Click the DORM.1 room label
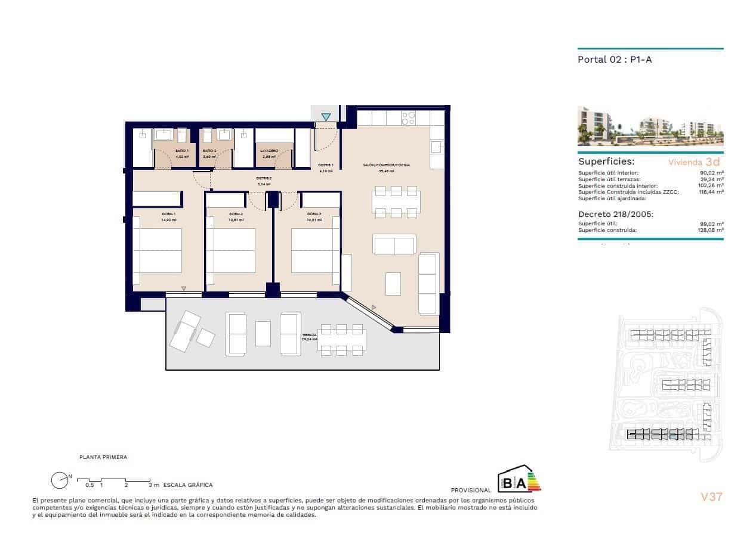168,214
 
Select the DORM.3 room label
314,214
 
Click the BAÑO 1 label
182,151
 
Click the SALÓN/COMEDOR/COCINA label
387,165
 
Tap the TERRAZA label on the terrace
309,336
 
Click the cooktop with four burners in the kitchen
409,118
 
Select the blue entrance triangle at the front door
326,117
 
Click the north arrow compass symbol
60,480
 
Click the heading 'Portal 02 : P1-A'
609,60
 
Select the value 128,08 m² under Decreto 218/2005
710,229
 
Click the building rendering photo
650,126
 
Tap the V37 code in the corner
711,496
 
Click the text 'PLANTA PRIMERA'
103,457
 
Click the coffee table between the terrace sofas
263,333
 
